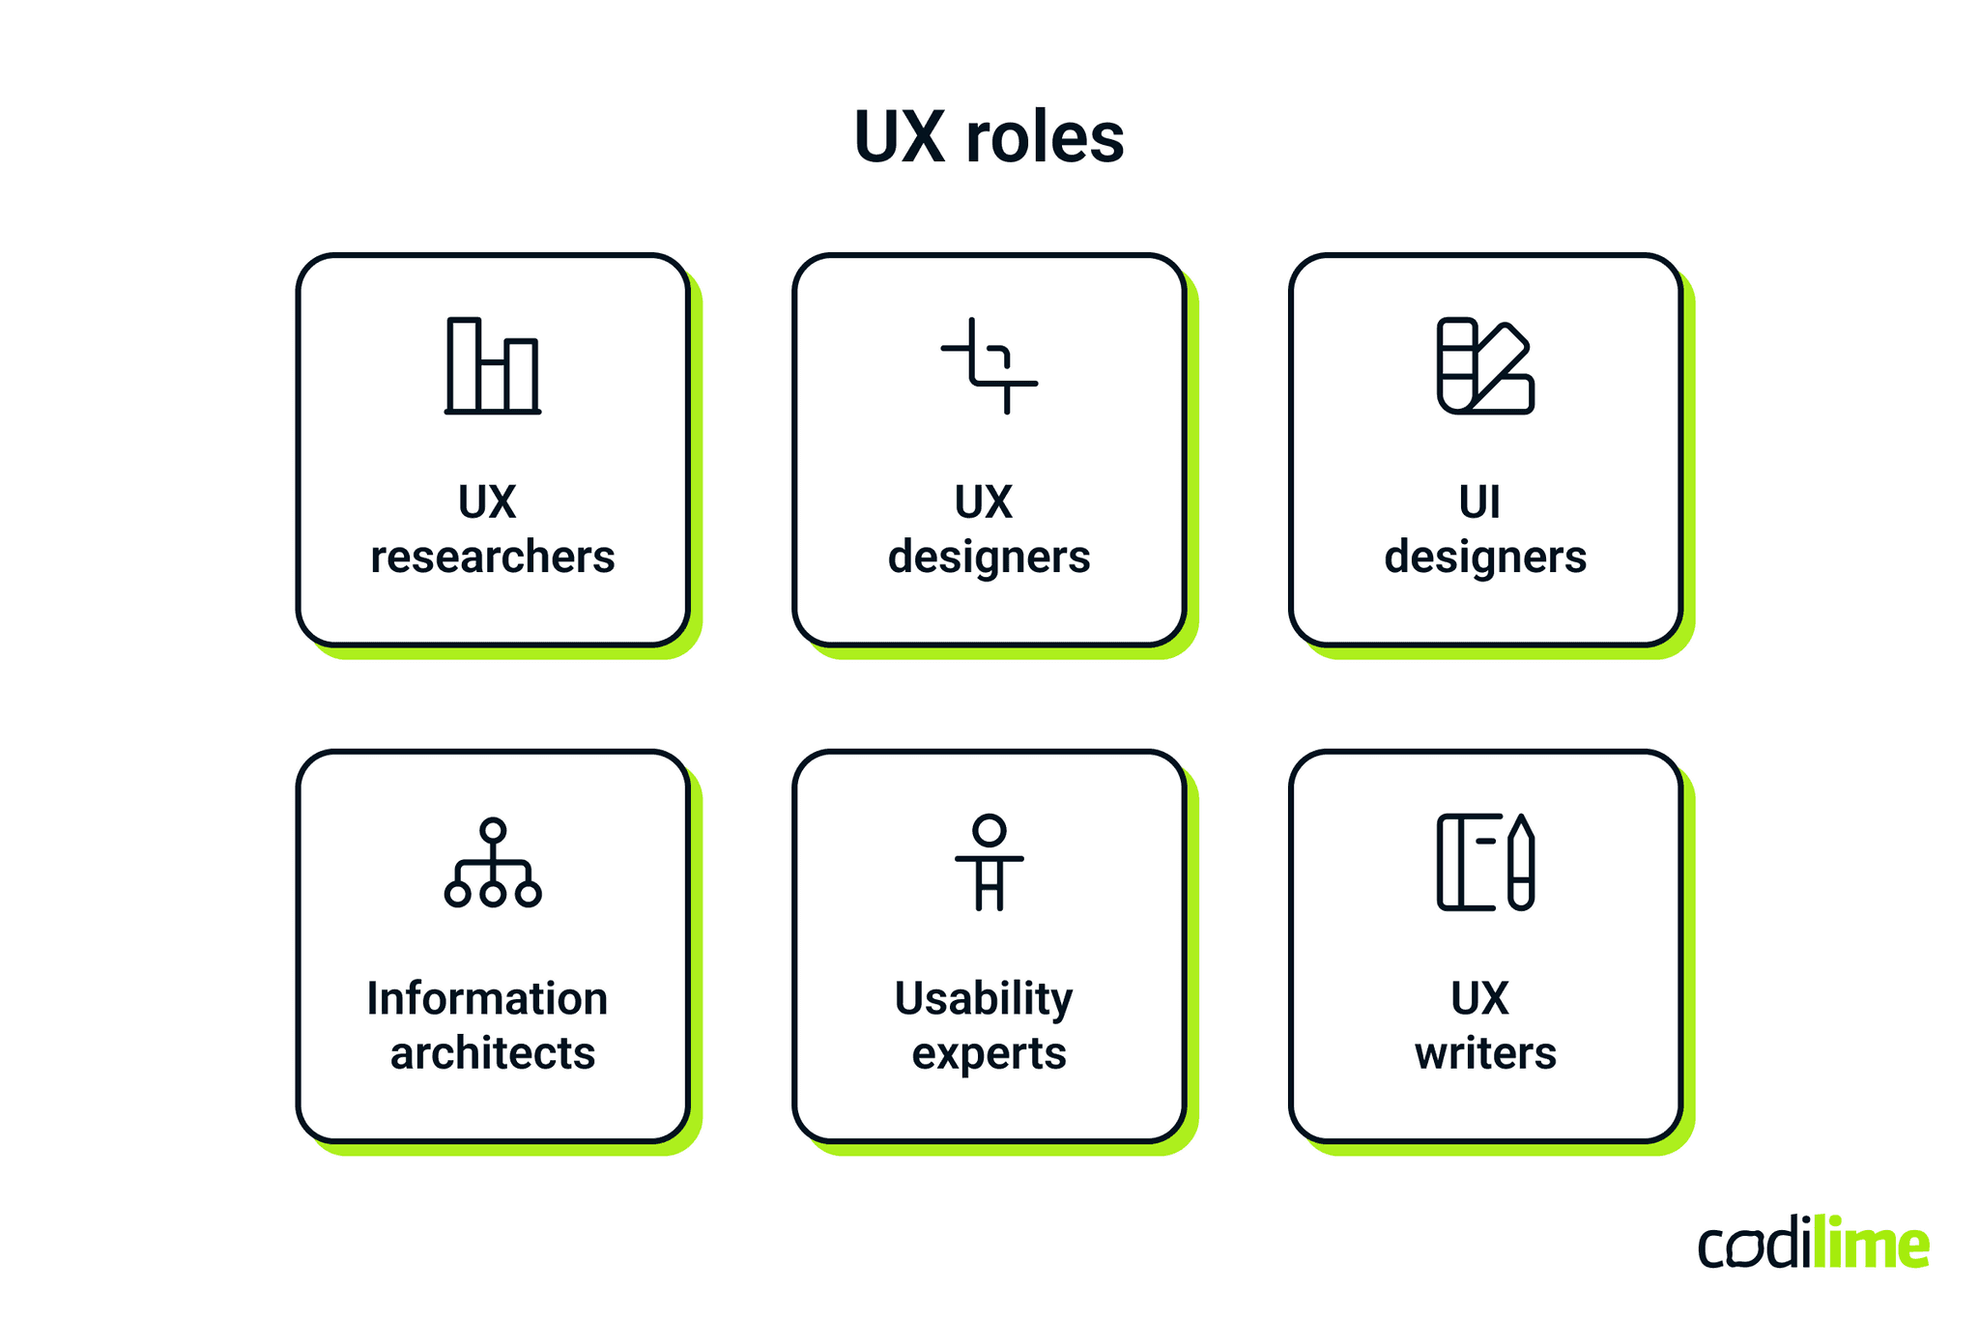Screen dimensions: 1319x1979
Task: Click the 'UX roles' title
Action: pyautogui.click(x=989, y=137)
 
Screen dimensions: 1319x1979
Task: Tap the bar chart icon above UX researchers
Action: pyautogui.click(x=493, y=366)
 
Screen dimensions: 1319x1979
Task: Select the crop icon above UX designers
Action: pyautogui.click(x=989, y=366)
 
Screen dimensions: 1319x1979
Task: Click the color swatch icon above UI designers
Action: pyautogui.click(x=1485, y=366)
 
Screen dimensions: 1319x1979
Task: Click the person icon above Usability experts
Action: pyautogui.click(x=989, y=863)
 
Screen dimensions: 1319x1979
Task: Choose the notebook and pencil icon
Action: pyautogui.click(x=1485, y=863)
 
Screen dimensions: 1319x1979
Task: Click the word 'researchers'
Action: pyautogui.click(x=493, y=557)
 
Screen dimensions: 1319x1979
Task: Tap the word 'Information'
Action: pyautogui.click(x=487, y=998)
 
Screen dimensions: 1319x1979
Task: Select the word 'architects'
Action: pyautogui.click(x=493, y=1053)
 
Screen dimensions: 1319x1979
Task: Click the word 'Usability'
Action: pyautogui.click(x=984, y=998)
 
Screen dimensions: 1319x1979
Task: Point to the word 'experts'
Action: pyautogui.click(x=989, y=1053)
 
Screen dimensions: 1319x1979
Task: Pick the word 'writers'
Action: pyautogui.click(x=1485, y=1053)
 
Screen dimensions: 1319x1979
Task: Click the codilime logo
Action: pyautogui.click(x=1814, y=1244)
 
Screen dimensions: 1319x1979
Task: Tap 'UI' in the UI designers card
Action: pyautogui.click(x=1479, y=502)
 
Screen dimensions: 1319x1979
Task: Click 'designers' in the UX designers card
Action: pyautogui.click(x=989, y=557)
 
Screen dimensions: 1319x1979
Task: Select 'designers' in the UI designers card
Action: pyautogui.click(x=1485, y=557)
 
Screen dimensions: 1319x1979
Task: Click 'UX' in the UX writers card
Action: pyautogui.click(x=1479, y=998)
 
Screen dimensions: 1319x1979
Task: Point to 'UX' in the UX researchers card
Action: pyautogui.click(x=487, y=502)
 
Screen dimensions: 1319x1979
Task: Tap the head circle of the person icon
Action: pyautogui.click(x=989, y=830)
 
